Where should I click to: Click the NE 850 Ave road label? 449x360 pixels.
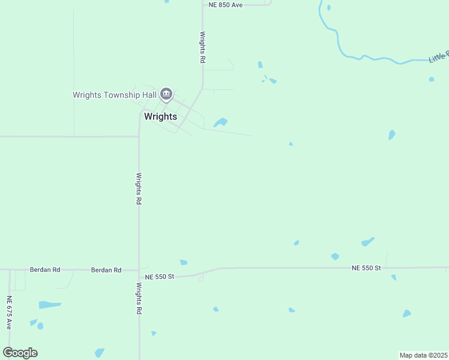click(x=226, y=4)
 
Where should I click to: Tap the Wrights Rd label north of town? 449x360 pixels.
click(x=203, y=48)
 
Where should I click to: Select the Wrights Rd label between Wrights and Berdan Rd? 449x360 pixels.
click(x=139, y=189)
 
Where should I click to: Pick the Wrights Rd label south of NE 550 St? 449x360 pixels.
click(x=139, y=299)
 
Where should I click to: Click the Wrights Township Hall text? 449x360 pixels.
click(x=115, y=95)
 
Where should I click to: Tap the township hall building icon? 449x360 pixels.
click(x=166, y=94)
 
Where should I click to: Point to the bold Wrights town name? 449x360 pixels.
click(x=160, y=116)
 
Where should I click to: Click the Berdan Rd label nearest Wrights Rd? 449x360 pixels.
click(x=106, y=270)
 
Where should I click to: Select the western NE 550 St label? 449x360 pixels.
click(x=160, y=277)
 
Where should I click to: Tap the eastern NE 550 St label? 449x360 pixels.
click(x=366, y=268)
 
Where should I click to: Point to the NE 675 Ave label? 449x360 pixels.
click(x=9, y=313)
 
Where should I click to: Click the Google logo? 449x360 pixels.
click(x=20, y=353)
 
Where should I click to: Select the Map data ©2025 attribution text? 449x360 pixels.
click(x=423, y=355)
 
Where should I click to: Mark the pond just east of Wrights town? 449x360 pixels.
click(x=220, y=122)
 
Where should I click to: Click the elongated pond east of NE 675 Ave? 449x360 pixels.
click(x=50, y=305)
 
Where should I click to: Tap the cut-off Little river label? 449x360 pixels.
click(x=438, y=56)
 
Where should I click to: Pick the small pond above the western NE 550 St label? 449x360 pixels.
click(x=183, y=262)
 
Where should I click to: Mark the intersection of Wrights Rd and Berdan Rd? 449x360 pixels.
click(x=139, y=269)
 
